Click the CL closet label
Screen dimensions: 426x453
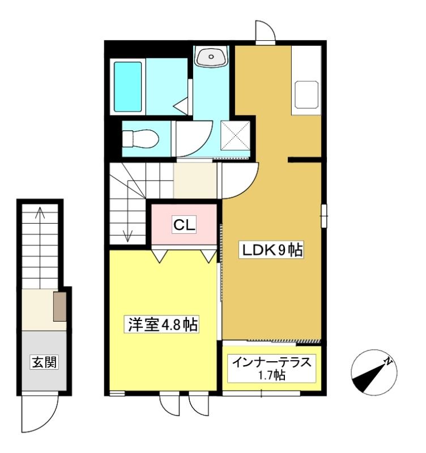(x=184, y=224)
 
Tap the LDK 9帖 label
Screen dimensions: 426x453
(x=271, y=250)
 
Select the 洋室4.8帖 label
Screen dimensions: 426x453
(x=162, y=324)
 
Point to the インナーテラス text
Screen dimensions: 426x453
(x=272, y=362)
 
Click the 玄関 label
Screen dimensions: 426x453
(x=44, y=362)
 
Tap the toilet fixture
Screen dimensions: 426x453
(x=140, y=139)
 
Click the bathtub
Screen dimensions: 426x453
(x=127, y=87)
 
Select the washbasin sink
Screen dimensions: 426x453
(x=211, y=56)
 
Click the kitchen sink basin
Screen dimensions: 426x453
(x=306, y=95)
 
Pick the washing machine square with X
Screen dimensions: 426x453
(x=235, y=135)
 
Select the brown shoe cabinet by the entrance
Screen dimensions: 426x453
(x=60, y=306)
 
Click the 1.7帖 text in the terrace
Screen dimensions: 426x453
(x=272, y=375)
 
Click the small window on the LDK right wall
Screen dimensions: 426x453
(x=324, y=216)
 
